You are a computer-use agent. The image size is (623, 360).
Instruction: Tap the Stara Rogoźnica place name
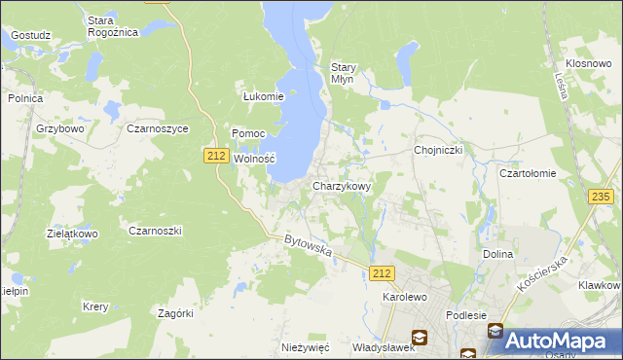point(113,26)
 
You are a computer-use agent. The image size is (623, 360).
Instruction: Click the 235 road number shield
point(601,197)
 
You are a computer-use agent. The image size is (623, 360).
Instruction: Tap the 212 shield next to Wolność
point(216,155)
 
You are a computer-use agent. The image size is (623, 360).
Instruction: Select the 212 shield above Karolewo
point(383,275)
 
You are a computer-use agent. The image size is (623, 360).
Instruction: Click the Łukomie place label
point(263,96)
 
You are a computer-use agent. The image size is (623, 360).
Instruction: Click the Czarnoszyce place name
point(158,127)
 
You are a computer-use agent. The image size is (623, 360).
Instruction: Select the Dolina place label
point(497,254)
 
